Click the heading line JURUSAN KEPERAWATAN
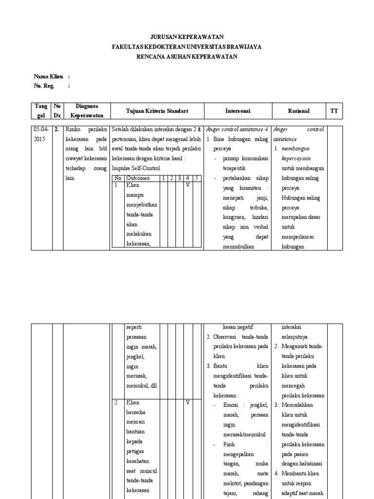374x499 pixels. pos(187,37)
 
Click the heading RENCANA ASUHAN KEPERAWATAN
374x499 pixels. pos(187,57)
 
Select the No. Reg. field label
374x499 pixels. pos(44,86)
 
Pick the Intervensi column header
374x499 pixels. pos(238,111)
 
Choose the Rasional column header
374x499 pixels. pos(299,111)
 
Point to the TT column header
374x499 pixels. pos(334,111)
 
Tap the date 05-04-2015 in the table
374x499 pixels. pos(41,134)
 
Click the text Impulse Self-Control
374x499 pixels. pos(136,169)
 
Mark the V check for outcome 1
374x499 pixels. pos(187,185)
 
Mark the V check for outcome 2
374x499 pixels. pos(187,403)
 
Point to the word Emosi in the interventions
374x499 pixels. pos(231,405)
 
